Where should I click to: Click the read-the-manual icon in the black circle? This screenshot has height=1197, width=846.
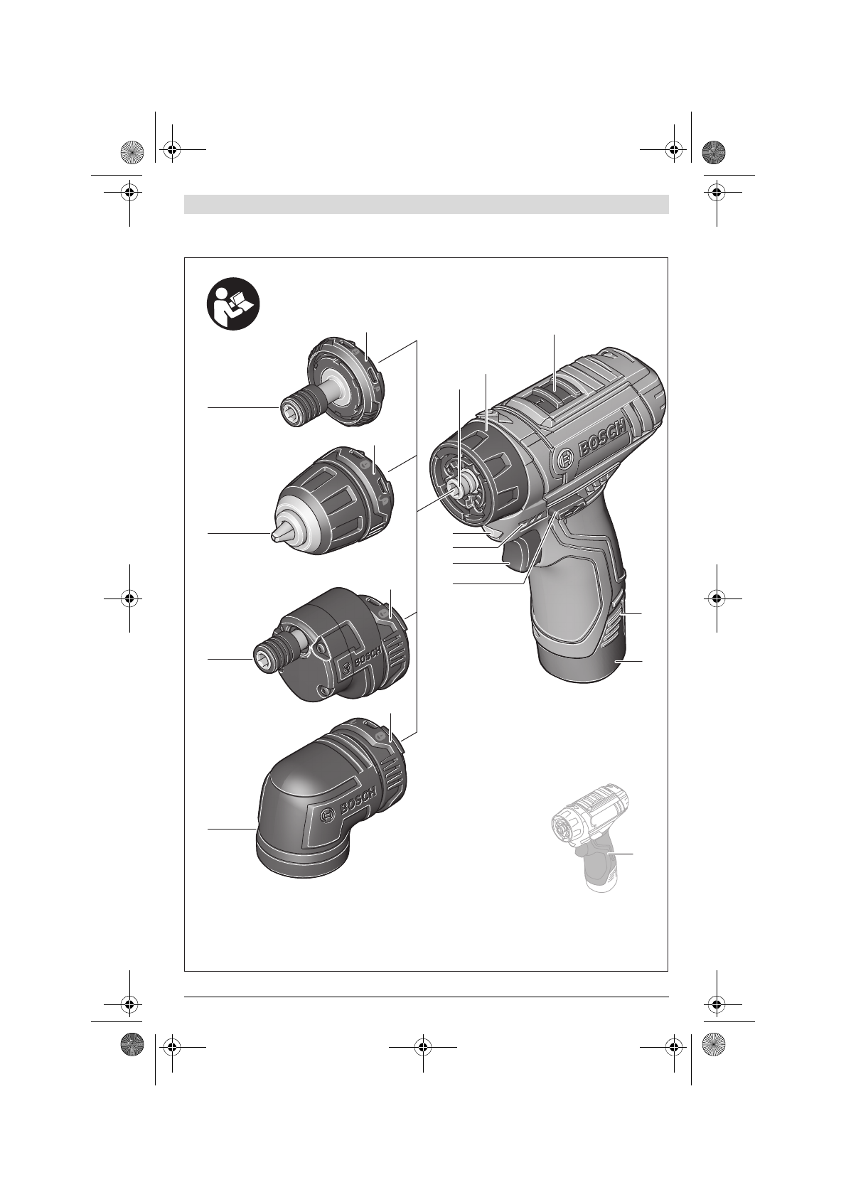233,305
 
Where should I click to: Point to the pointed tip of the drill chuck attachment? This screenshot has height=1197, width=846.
277,535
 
